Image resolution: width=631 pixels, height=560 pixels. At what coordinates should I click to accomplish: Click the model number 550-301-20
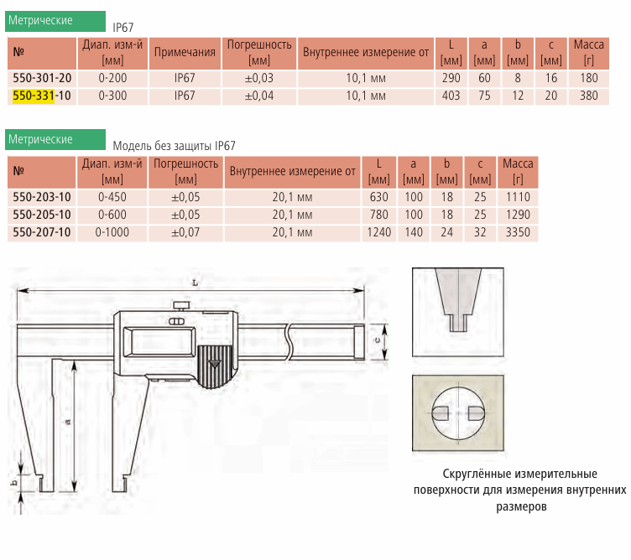click(x=42, y=78)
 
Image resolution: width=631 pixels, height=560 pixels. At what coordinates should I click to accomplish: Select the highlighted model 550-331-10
click(x=42, y=96)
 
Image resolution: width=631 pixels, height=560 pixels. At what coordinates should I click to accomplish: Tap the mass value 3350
click(x=518, y=232)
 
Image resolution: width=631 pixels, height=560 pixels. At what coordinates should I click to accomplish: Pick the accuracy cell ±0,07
click(x=185, y=232)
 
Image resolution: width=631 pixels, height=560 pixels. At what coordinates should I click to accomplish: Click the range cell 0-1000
click(x=112, y=232)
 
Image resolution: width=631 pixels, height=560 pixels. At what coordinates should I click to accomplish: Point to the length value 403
click(x=451, y=96)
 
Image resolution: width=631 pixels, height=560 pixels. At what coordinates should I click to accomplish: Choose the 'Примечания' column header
click(x=185, y=52)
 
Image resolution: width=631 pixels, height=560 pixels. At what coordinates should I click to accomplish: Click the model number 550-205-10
click(x=42, y=215)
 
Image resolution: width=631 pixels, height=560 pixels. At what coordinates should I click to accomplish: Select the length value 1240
click(x=379, y=232)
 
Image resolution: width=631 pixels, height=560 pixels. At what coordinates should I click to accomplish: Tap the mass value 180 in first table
click(x=589, y=78)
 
